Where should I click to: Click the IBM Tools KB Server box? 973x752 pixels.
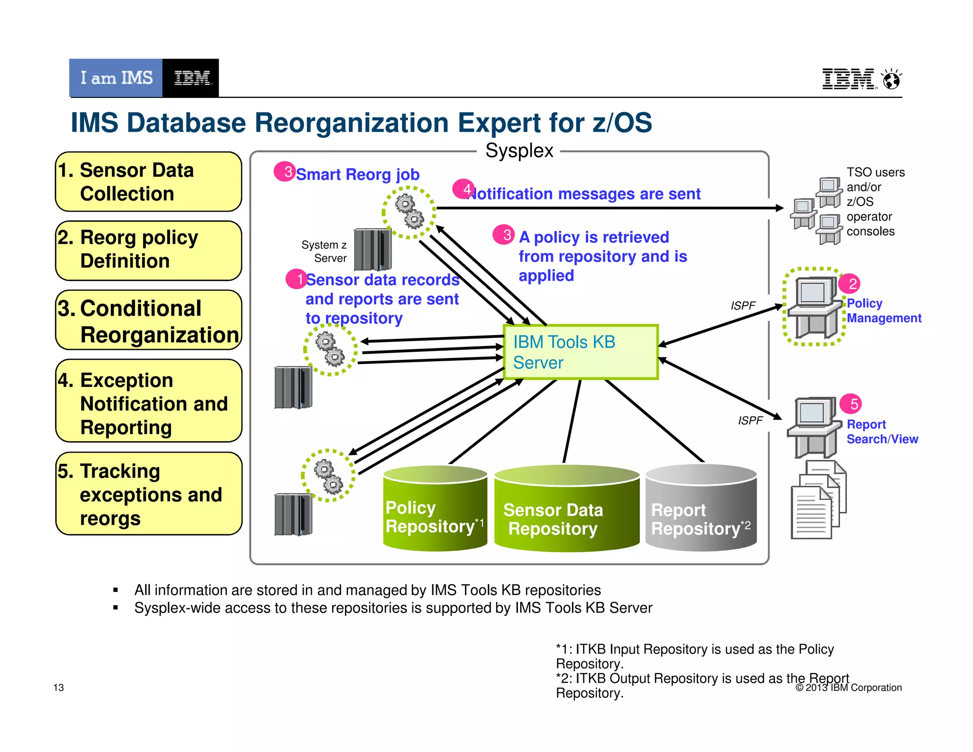581,352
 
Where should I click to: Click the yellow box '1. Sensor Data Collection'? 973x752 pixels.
149,182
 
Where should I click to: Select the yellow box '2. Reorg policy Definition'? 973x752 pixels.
149,251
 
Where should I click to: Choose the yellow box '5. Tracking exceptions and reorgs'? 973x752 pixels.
149,494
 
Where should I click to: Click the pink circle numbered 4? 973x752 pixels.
463,189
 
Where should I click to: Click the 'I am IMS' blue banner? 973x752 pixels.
116,78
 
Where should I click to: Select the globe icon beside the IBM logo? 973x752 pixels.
891,79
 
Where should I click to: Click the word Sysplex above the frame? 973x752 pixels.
519,151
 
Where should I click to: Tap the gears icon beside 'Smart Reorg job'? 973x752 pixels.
409,212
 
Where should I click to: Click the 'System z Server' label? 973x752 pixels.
324,251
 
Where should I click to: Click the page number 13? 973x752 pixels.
58,687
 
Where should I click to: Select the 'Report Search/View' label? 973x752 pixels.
882,432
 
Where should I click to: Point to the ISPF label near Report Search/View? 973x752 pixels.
750,420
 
